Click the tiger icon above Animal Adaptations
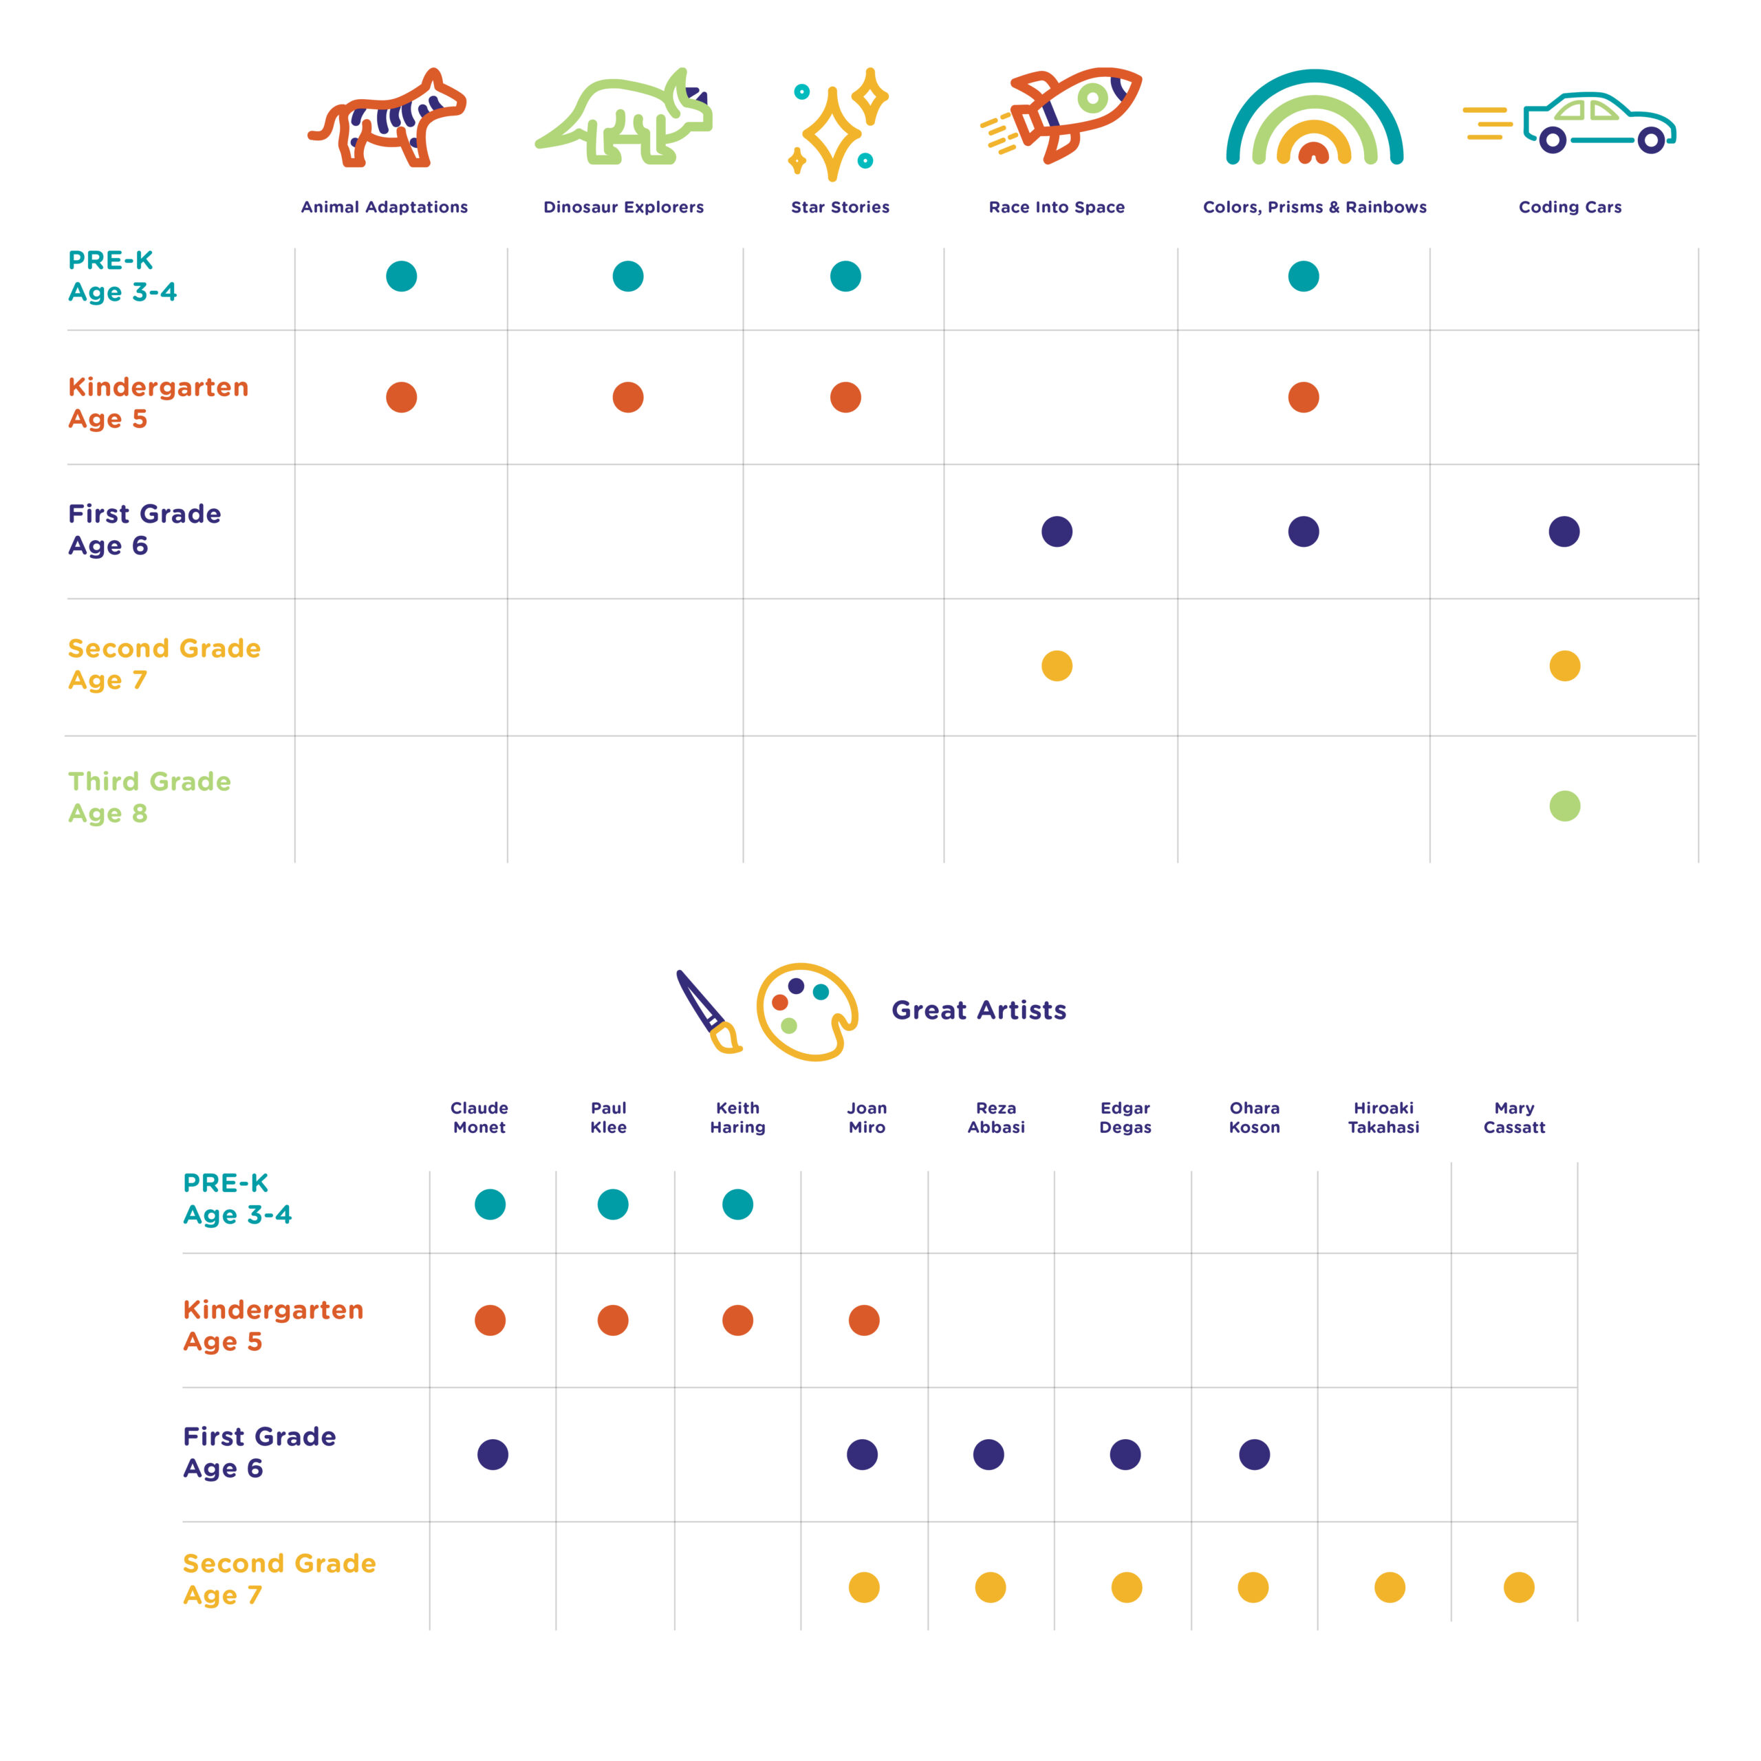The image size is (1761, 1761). pos(387,118)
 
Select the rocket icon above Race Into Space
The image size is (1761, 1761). pos(1062,114)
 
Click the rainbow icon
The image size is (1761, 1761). pos(1315,118)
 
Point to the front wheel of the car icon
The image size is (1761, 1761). pos(1651,140)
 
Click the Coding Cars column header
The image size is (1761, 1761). pos(1570,207)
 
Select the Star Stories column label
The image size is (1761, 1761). pos(839,207)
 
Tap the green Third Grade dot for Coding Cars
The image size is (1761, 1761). pos(1564,806)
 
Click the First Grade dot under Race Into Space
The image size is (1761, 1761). pos(1057,532)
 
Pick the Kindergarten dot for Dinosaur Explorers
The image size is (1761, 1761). pos(628,398)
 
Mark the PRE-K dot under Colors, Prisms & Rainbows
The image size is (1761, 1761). pos(1304,276)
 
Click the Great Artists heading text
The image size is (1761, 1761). pos(978,1010)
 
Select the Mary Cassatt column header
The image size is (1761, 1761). pos(1514,1118)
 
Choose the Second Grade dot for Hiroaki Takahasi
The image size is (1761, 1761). pos(1389,1587)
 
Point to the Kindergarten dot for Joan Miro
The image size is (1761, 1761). pos(864,1320)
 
